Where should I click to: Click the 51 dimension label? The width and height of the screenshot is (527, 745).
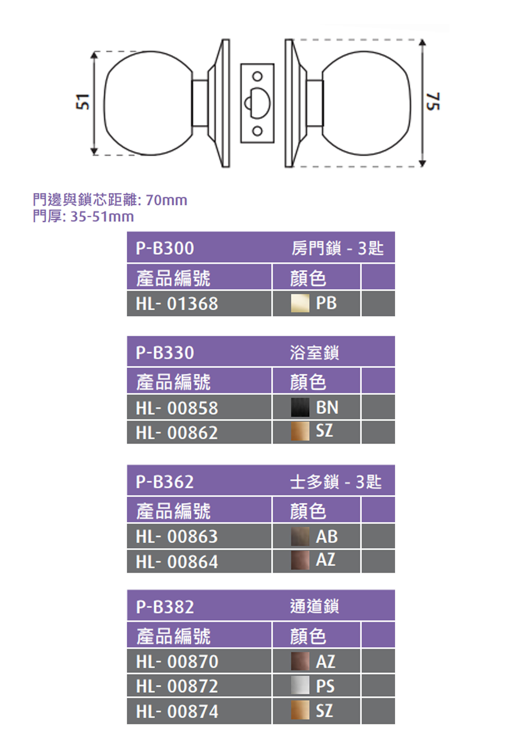tap(82, 102)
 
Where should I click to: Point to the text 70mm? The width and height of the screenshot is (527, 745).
tap(166, 200)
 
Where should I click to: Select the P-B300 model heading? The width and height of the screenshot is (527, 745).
tap(165, 248)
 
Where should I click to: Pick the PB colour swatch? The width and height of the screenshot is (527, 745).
tap(300, 303)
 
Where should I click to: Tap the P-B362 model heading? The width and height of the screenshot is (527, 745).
tap(165, 482)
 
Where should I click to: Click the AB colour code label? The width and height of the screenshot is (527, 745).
tap(327, 537)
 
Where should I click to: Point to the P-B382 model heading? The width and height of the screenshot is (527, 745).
tap(165, 607)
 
